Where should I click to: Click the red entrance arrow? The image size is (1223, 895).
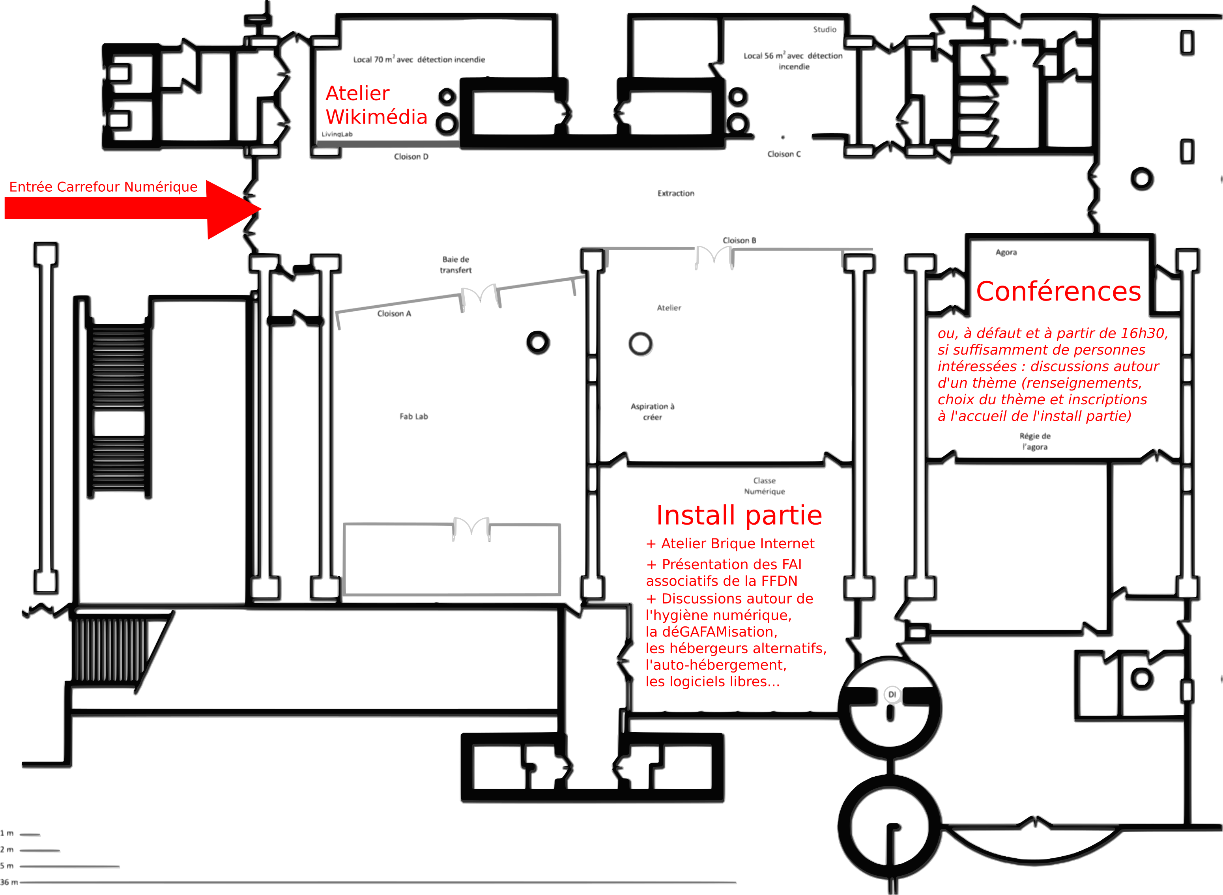130,209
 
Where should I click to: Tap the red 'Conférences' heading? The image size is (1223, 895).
1058,291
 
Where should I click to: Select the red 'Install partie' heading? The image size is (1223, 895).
739,515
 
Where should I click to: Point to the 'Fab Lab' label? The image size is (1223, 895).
413,416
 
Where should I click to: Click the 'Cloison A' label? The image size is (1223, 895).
394,314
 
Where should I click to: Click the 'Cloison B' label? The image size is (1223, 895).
739,240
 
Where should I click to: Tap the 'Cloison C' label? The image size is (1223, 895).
784,154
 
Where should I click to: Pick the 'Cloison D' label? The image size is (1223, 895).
411,157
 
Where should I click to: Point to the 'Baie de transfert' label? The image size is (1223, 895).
456,264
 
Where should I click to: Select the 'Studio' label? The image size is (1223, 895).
824,29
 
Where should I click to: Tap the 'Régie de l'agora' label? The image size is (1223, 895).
1034,441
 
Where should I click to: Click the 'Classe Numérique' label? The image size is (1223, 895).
764,486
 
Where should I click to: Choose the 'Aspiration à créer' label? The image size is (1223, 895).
653,411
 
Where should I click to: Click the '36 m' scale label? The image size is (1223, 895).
9,882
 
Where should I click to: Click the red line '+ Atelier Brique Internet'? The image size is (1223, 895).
730,544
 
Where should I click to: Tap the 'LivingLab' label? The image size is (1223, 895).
337,134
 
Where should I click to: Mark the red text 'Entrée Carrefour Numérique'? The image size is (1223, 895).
103,187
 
